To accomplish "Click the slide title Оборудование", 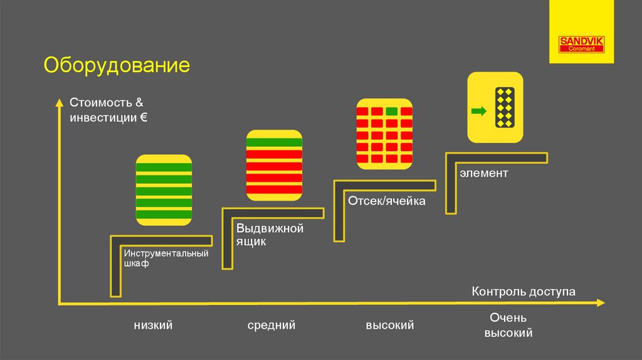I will (x=117, y=66).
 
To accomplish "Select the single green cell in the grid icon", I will (x=392, y=111).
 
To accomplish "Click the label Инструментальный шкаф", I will (x=166, y=258).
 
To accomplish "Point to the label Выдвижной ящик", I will (x=270, y=235).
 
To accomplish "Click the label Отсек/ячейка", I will (x=387, y=201).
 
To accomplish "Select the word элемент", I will (x=483, y=172).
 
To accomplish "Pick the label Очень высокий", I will (x=508, y=326).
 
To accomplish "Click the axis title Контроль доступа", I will (x=523, y=292).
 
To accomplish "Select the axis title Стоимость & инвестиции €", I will (x=108, y=109).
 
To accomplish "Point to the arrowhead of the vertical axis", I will (x=59, y=102).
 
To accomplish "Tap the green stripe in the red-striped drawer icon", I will (x=275, y=142).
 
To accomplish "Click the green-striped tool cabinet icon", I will (x=164, y=190).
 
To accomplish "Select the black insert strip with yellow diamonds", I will (x=505, y=107).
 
